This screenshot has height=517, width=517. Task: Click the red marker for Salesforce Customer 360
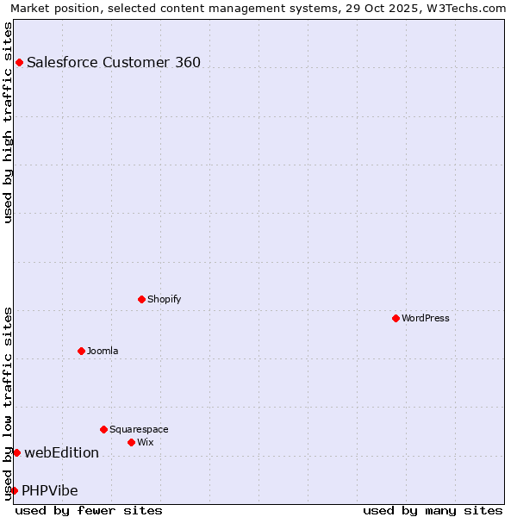click(19, 62)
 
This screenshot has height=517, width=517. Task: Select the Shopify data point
click(141, 299)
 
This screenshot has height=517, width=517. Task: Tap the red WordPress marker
click(396, 318)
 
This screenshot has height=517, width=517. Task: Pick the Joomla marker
click(81, 351)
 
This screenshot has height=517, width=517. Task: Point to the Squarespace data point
click(103, 429)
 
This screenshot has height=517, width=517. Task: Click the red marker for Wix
click(131, 442)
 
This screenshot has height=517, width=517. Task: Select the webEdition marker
click(16, 452)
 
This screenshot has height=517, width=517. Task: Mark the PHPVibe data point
click(14, 490)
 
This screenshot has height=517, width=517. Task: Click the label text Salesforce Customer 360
click(114, 62)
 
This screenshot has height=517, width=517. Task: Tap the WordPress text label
click(426, 318)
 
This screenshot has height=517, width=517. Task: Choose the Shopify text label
click(164, 299)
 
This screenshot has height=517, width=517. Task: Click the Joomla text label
click(103, 351)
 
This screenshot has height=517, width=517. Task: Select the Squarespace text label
click(139, 429)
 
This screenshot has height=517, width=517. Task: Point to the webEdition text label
click(61, 452)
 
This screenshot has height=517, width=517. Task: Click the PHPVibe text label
click(50, 490)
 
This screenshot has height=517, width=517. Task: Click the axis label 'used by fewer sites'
click(89, 510)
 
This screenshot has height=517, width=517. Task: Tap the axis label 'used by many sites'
click(433, 510)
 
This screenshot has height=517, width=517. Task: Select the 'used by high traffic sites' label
click(8, 122)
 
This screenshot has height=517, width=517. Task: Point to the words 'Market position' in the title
click(50, 8)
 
